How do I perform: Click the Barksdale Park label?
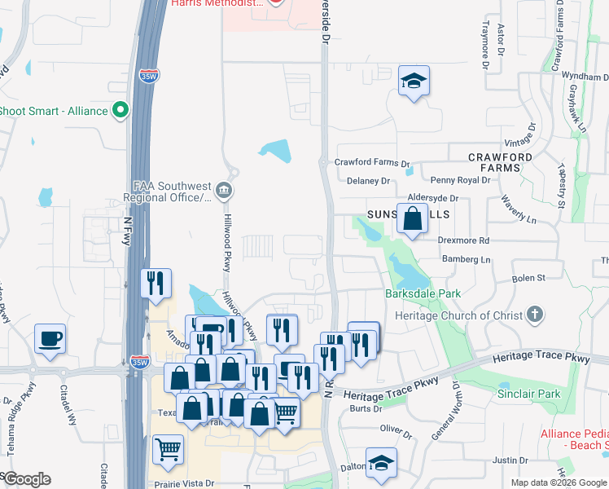[423, 293]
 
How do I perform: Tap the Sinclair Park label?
[528, 394]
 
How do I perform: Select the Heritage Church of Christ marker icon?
[535, 314]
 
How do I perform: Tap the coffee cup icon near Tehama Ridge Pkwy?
[50, 338]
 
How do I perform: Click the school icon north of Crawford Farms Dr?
[414, 81]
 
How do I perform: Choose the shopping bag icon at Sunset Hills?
[414, 218]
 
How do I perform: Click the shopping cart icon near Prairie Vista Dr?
[168, 449]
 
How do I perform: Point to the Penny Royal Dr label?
[461, 180]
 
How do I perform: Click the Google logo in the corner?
[27, 478]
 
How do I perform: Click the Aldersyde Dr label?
[433, 198]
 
